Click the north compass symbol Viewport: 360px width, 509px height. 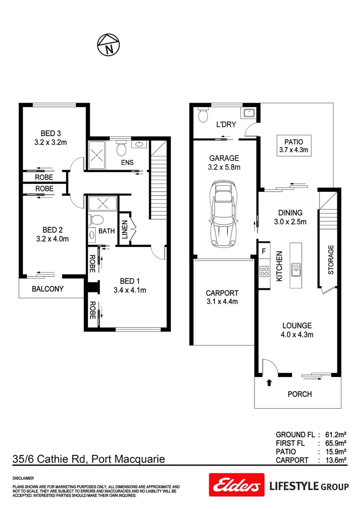pyautogui.click(x=108, y=45)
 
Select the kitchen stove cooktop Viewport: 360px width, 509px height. pyautogui.click(x=264, y=272)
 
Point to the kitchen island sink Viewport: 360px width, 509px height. pyautogui.click(x=295, y=269)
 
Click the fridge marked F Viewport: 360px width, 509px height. pyautogui.click(x=264, y=251)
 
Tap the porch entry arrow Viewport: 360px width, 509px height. pyautogui.click(x=269, y=383)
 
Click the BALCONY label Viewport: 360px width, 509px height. pyautogui.click(x=48, y=289)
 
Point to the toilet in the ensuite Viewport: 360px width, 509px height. pyautogui.click(x=121, y=148)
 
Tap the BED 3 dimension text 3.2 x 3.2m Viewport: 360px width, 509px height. pyautogui.click(x=51, y=141)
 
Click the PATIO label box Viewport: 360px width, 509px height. pyautogui.click(x=293, y=146)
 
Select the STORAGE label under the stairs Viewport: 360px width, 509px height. pyautogui.click(x=331, y=260)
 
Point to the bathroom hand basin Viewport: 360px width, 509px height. pyautogui.click(x=91, y=234)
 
